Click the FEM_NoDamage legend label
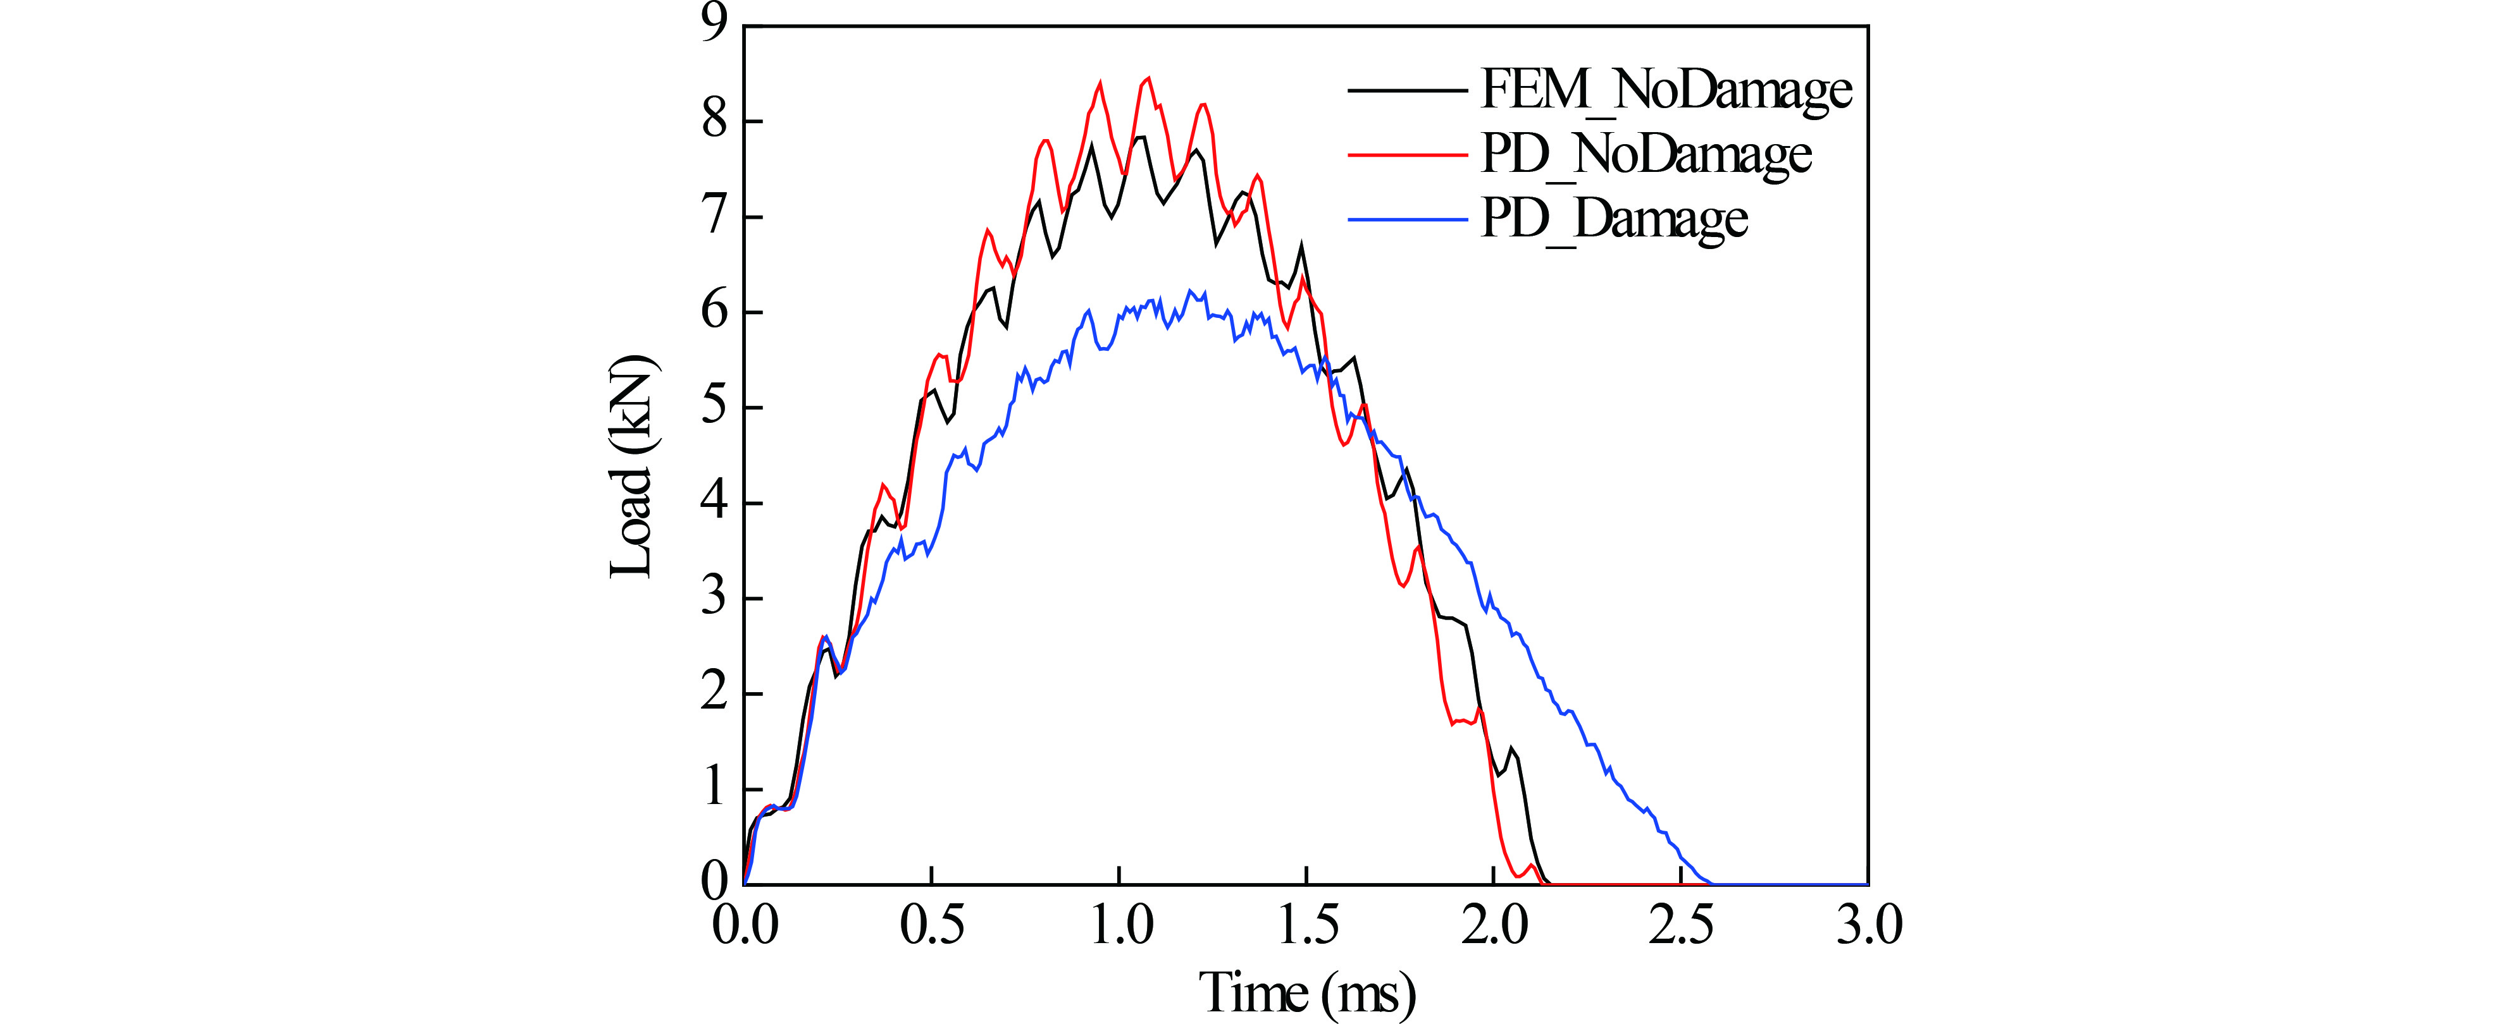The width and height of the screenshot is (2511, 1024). (1666, 90)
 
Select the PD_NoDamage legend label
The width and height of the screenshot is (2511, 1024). (1646, 154)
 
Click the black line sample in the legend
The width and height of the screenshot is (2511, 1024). (1408, 90)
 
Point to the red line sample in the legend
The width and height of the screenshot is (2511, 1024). (1408, 154)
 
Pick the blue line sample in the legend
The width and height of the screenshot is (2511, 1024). (1408, 219)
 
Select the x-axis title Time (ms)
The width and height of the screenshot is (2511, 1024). (1306, 992)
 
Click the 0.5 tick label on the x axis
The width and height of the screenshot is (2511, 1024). (932, 923)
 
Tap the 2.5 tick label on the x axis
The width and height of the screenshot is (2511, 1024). (1680, 923)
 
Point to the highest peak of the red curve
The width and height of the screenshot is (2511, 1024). (1147, 78)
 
